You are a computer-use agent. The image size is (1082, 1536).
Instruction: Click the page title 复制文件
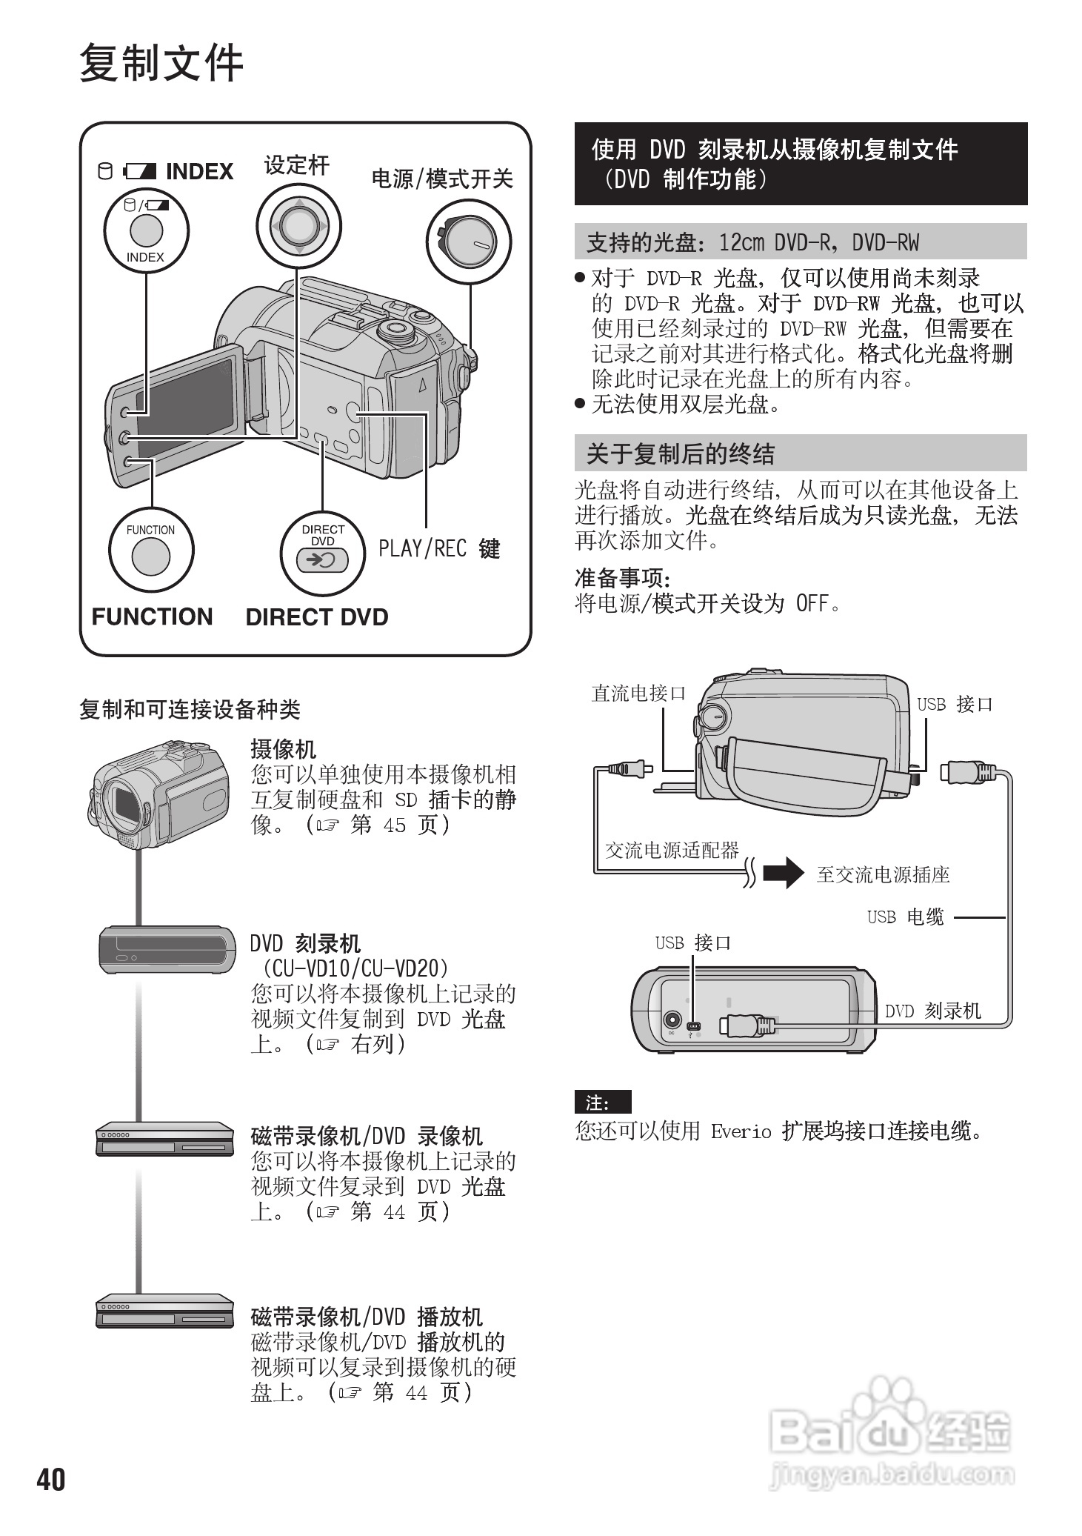pos(161,62)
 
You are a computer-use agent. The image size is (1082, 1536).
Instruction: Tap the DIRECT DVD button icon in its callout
pos(322,559)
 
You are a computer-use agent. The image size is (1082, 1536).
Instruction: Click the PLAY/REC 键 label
pos(439,548)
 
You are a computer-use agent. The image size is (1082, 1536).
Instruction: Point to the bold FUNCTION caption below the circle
pos(152,616)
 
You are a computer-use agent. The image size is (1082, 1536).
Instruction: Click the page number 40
pos(51,1479)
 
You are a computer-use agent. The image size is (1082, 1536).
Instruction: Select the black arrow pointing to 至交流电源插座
pos(783,872)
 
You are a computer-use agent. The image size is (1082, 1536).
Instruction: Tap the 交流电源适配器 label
pos(672,850)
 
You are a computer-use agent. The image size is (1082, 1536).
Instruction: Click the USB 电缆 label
pos(905,917)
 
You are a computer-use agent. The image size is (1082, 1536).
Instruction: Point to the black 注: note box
pos(602,1102)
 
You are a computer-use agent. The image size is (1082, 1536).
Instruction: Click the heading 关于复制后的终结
pos(680,453)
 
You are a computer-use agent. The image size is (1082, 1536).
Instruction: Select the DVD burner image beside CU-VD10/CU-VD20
pos(167,949)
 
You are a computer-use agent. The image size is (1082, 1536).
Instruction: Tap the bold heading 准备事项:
pos(622,577)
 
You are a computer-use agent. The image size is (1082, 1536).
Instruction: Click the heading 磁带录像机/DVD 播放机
pos(367,1317)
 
